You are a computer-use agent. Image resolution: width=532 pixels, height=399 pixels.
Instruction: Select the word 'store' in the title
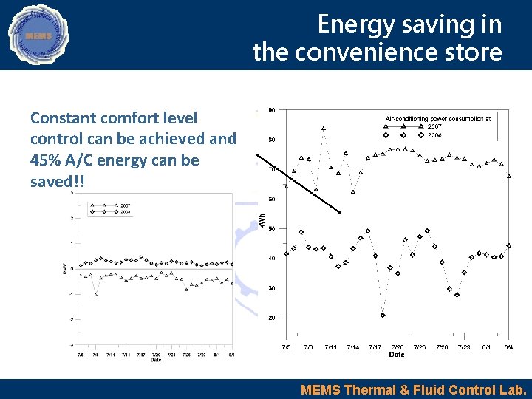point(473,52)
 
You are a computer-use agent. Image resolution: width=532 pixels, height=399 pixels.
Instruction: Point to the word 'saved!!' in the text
point(57,181)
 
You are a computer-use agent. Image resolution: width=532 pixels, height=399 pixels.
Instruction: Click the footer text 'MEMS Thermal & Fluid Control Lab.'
point(413,389)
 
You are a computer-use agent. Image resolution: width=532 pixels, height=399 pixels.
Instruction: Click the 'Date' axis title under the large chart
point(397,355)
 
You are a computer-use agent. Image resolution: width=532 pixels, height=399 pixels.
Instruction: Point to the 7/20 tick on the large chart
point(398,347)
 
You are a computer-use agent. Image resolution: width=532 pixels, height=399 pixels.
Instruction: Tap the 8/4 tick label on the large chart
point(508,347)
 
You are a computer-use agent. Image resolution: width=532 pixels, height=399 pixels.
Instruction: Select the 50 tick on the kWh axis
point(271,228)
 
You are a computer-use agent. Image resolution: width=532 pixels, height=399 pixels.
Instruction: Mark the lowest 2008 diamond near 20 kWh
point(383,316)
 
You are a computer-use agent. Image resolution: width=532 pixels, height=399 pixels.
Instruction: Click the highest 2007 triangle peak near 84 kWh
point(323,128)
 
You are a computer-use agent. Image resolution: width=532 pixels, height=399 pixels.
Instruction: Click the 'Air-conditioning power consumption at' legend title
point(437,118)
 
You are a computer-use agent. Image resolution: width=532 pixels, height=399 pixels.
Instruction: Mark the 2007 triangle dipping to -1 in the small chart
point(96,294)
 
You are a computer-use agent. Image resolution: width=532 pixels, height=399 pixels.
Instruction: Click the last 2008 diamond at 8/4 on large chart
point(509,246)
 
